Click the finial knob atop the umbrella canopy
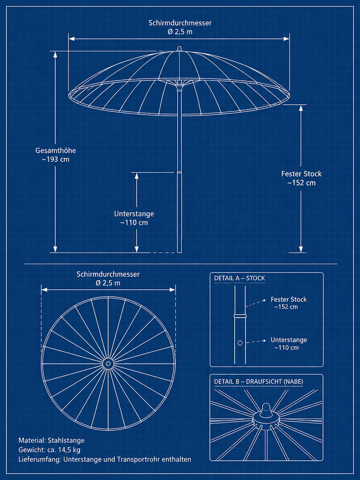(x=179, y=49)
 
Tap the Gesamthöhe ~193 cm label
(x=55, y=155)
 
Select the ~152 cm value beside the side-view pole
(x=301, y=183)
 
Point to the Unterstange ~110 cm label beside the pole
(x=134, y=218)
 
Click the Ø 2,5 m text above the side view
(x=180, y=32)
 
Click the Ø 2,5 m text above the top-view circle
(x=108, y=283)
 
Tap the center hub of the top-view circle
(x=108, y=364)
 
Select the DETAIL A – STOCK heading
(x=239, y=278)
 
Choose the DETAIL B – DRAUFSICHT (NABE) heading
(x=259, y=382)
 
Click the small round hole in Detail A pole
(x=240, y=343)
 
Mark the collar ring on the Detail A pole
(x=240, y=316)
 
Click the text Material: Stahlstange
(x=51, y=440)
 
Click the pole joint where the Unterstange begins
(x=179, y=172)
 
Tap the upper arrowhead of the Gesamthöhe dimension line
(x=55, y=55)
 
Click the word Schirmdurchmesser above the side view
(x=180, y=23)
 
